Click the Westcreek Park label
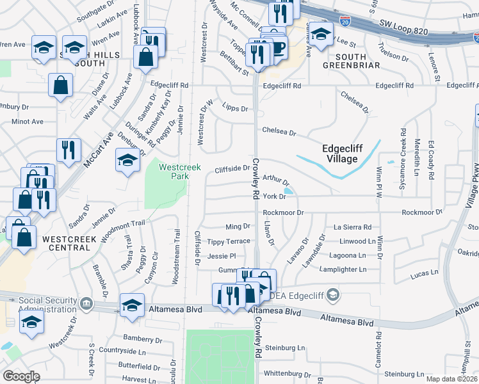click(180, 171)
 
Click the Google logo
click(21, 376)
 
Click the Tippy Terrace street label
click(229, 241)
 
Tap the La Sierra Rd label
click(352, 227)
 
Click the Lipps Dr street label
click(235, 108)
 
